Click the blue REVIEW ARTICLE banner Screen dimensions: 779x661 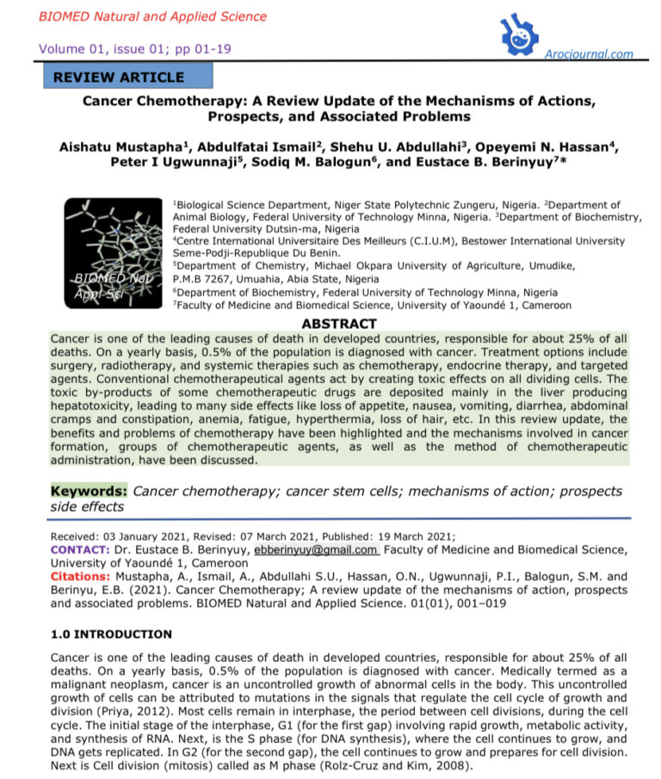pyautogui.click(x=127, y=77)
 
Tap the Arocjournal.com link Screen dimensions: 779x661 pyautogui.click(x=590, y=54)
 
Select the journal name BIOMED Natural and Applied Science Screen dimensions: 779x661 pyautogui.click(x=152, y=16)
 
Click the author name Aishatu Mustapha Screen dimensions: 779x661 pyautogui.click(x=126, y=147)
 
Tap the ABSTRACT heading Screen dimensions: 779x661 pyautogui.click(x=339, y=324)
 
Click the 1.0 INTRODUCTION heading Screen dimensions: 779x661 pyautogui.click(x=112, y=634)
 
